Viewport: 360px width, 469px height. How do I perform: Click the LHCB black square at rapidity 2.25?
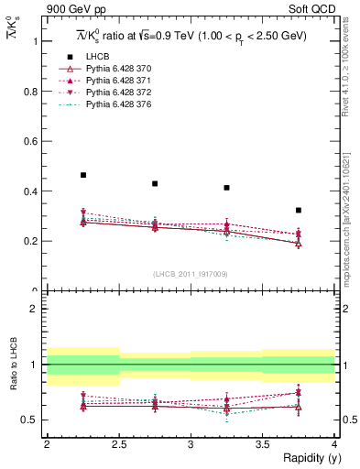click(82, 175)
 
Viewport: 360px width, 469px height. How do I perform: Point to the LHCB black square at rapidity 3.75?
click(299, 210)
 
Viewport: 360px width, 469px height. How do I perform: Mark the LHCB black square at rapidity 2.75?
click(155, 183)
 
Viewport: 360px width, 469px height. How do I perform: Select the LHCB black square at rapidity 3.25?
click(226, 188)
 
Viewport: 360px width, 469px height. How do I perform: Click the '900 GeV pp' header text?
click(71, 9)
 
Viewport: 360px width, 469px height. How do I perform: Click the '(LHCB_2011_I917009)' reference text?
click(191, 274)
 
